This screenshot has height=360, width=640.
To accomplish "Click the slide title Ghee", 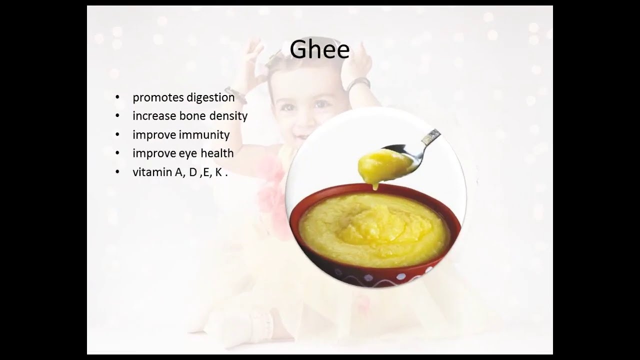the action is pyautogui.click(x=319, y=49).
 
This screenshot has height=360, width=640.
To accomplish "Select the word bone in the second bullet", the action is pyautogui.click(x=192, y=116).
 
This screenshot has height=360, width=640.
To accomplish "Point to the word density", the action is pyautogui.click(x=228, y=116).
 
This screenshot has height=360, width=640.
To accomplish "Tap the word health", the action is pyautogui.click(x=217, y=153).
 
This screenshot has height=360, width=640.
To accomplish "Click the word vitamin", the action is pyautogui.click(x=152, y=172).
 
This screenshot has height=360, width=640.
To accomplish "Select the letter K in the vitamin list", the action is pyautogui.click(x=219, y=172).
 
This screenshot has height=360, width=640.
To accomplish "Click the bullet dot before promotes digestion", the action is pyautogui.click(x=117, y=97).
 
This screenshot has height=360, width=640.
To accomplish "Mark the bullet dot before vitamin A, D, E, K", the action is pyautogui.click(x=117, y=172).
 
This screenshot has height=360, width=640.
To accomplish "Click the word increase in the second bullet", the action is pyautogui.click(x=154, y=116).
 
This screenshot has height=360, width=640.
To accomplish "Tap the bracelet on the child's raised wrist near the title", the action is pyautogui.click(x=358, y=83).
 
